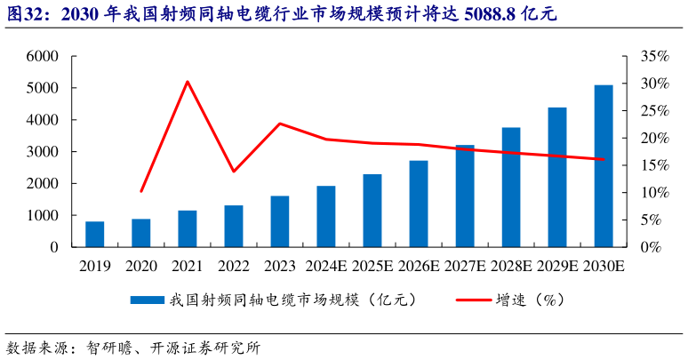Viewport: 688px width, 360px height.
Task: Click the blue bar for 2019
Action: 94,234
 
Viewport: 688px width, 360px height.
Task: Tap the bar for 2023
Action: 279,221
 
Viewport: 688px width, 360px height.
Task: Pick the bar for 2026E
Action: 419,204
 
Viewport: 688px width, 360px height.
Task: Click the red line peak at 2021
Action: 188,82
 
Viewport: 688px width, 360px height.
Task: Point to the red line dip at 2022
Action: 234,171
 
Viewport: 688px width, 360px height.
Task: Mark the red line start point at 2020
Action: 141,191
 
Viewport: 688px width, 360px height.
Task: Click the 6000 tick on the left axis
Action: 41,56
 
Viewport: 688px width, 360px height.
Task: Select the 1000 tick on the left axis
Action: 41,215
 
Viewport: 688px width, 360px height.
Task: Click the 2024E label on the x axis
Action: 325,266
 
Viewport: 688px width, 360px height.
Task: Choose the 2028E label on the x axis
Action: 511,266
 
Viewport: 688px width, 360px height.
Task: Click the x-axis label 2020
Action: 141,266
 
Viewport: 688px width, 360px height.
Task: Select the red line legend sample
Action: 474,300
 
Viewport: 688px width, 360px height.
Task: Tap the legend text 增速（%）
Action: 531,300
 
